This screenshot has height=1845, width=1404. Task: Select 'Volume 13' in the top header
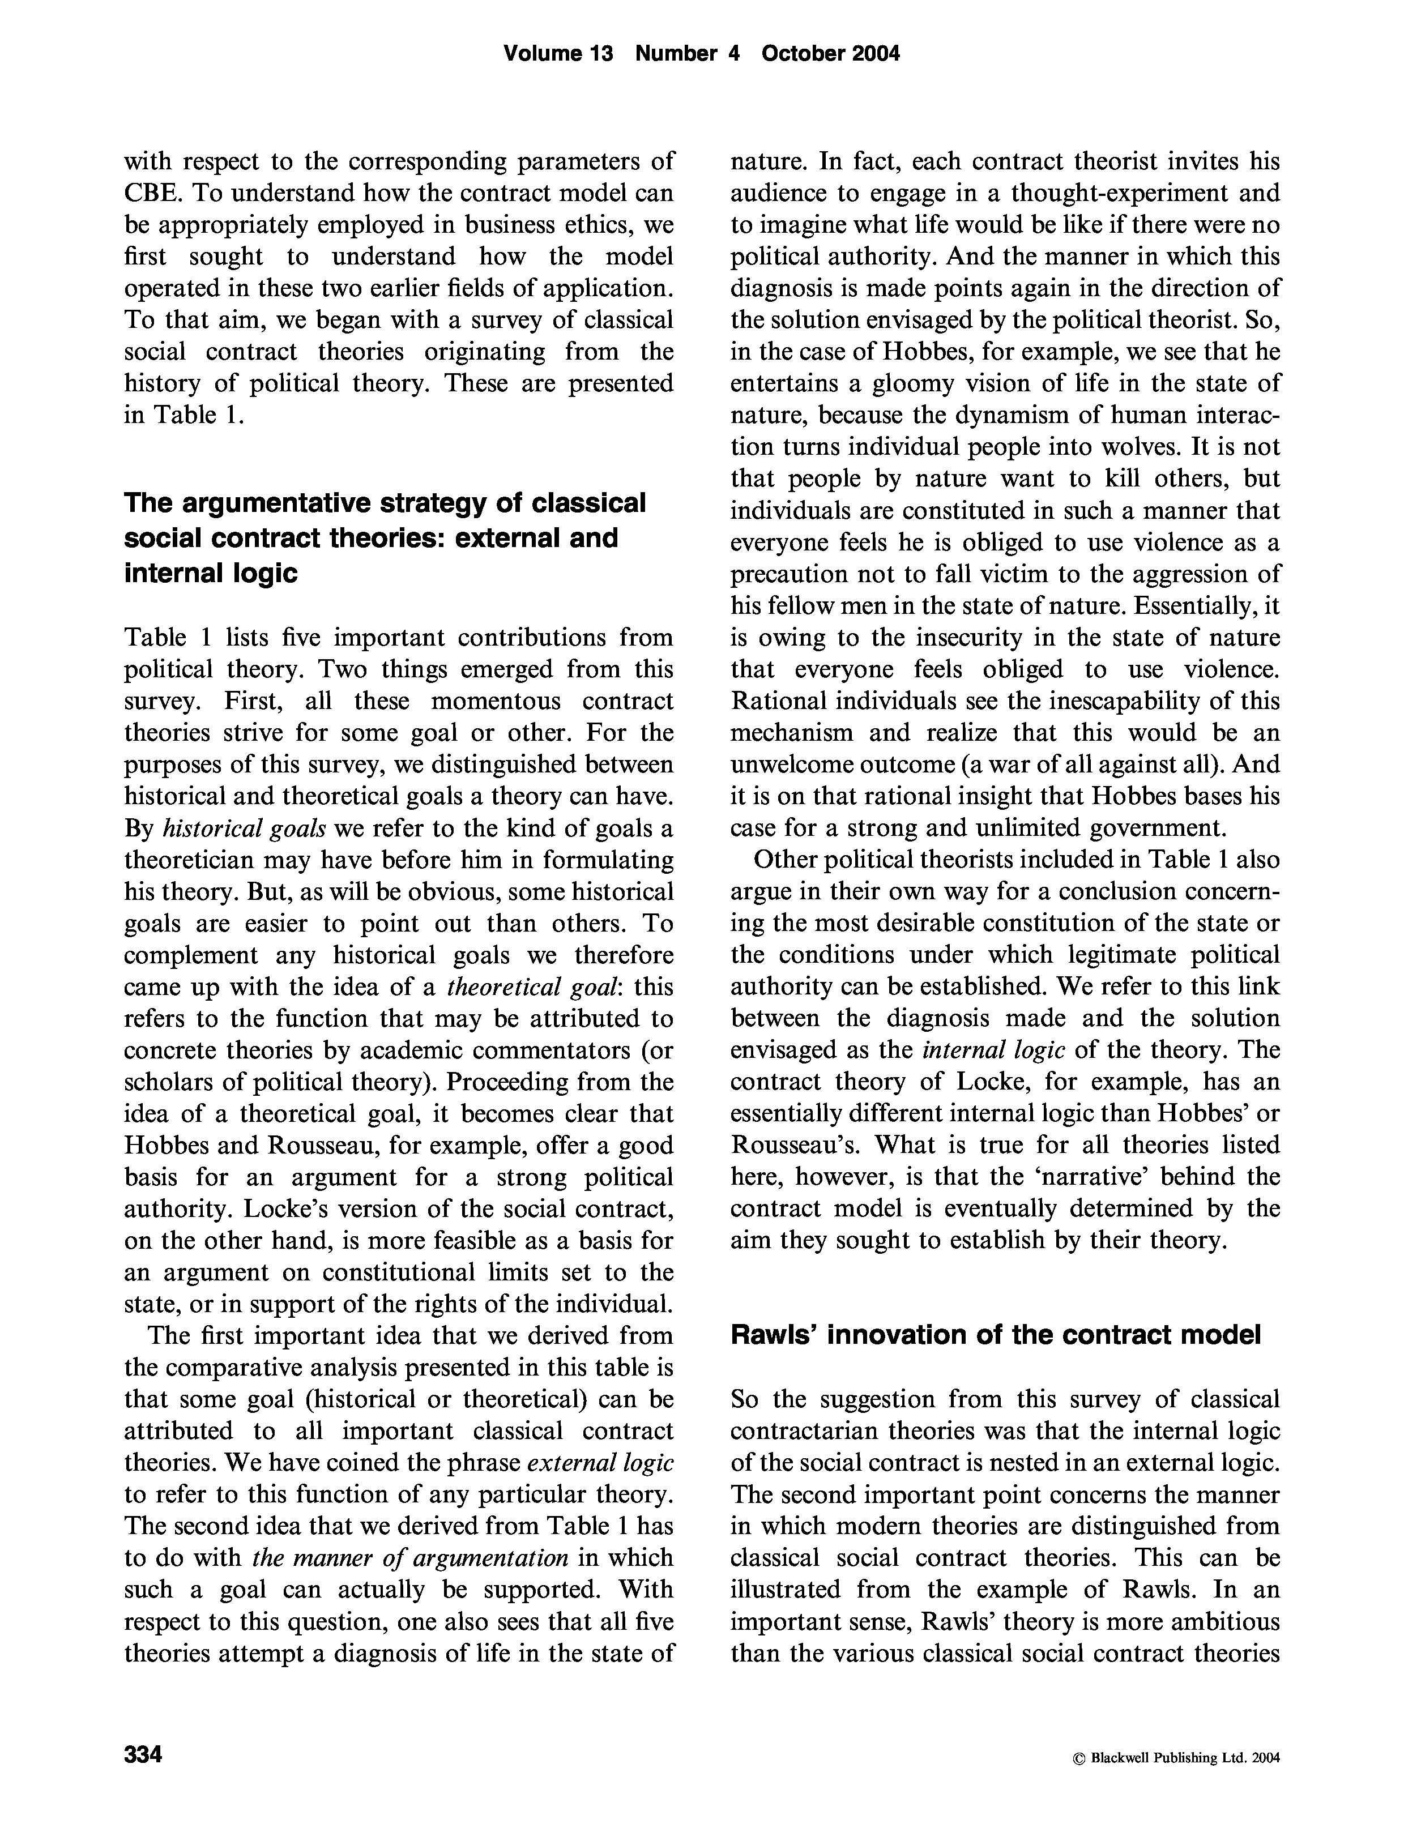[x=558, y=53]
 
